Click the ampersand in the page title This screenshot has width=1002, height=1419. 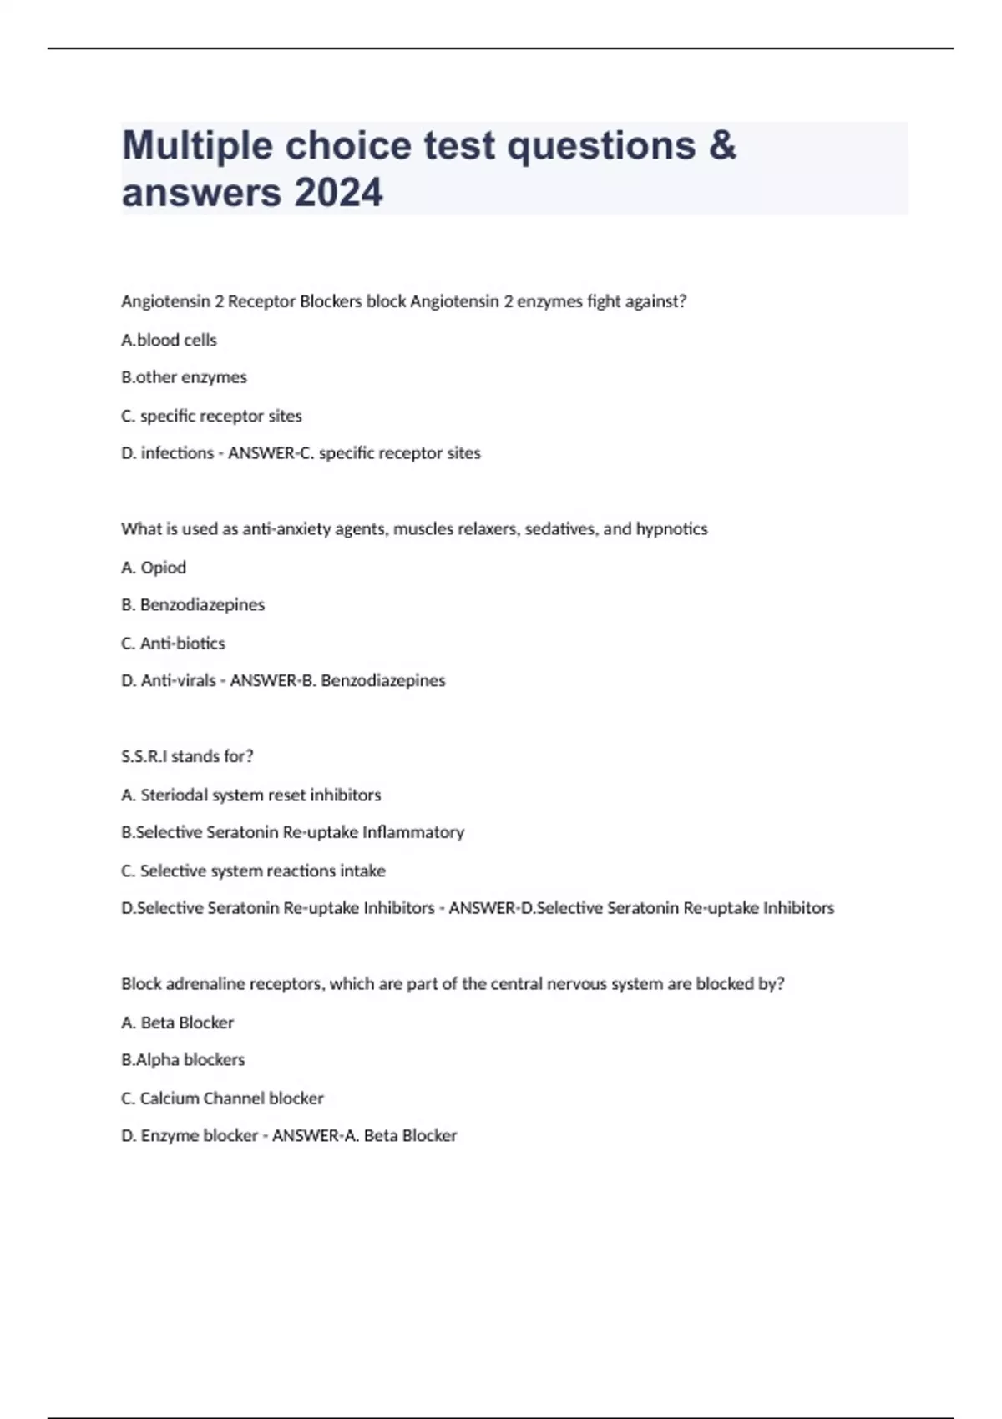pyautogui.click(x=723, y=146)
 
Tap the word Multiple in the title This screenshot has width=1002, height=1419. pyautogui.click(x=197, y=146)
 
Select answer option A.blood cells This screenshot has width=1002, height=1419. pyautogui.click(x=169, y=340)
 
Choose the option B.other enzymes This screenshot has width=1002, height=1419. pyautogui.click(x=184, y=377)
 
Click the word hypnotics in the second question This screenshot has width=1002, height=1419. pyautogui.click(x=671, y=528)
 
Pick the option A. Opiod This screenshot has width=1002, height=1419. pyautogui.click(x=154, y=568)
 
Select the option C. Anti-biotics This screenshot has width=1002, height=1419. pyautogui.click(x=173, y=643)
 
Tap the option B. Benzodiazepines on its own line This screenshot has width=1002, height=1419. pyautogui.click(x=193, y=604)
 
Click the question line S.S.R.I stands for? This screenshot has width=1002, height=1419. pyautogui.click(x=187, y=756)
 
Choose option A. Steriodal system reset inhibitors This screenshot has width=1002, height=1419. pyautogui.click(x=250, y=795)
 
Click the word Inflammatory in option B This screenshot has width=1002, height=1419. pyautogui.click(x=412, y=832)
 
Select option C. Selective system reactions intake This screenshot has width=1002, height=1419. pyautogui.click(x=253, y=871)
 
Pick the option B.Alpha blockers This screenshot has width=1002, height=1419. pyautogui.click(x=183, y=1059)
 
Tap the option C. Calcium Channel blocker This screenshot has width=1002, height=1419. pyautogui.click(x=222, y=1098)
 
